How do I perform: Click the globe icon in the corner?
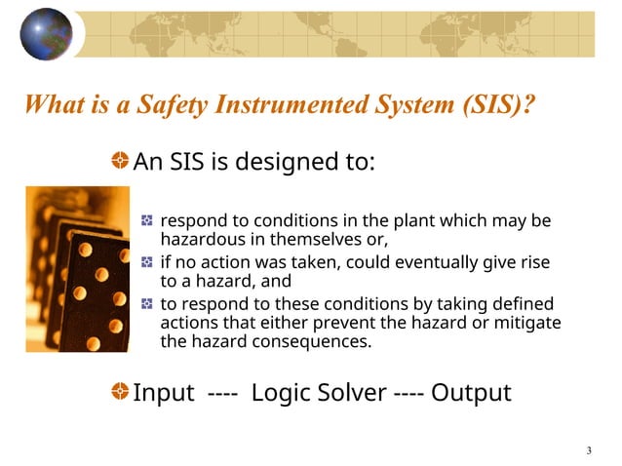pyautogui.click(x=46, y=34)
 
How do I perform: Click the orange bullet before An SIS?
pyautogui.click(x=119, y=161)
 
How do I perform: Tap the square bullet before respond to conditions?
pyautogui.click(x=146, y=220)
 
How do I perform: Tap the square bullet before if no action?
pyautogui.click(x=146, y=262)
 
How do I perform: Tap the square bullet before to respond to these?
pyautogui.click(x=146, y=304)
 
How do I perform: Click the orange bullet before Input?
pyautogui.click(x=119, y=392)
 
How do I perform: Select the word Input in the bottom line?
pyautogui.click(x=164, y=393)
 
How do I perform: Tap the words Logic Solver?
pyautogui.click(x=318, y=393)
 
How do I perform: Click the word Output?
pyautogui.click(x=471, y=393)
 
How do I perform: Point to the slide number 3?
pyautogui.click(x=589, y=449)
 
